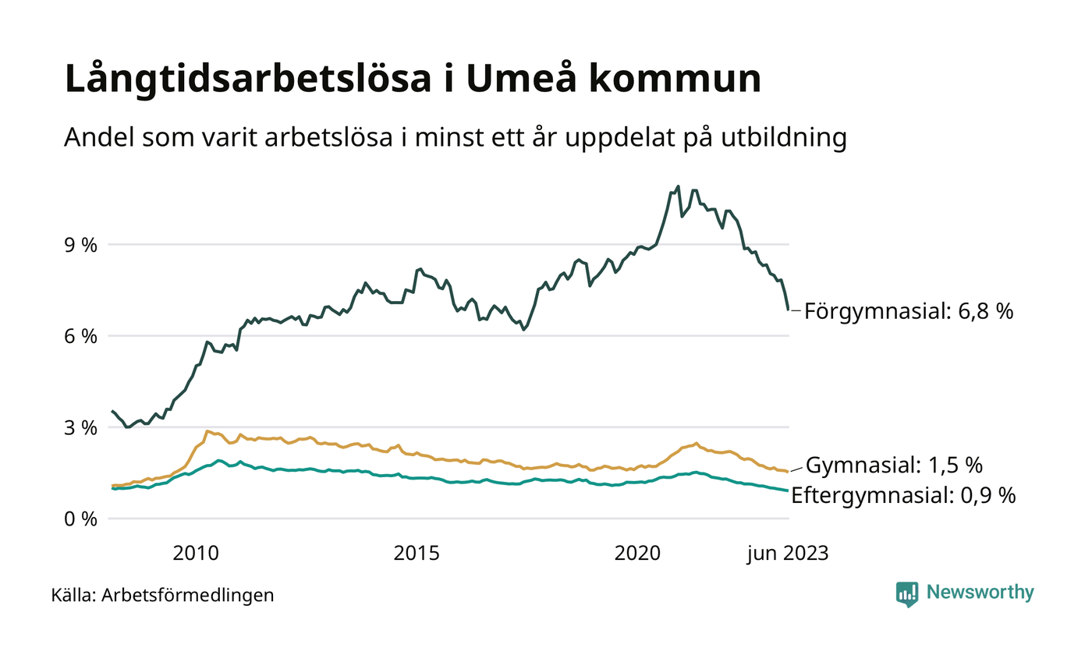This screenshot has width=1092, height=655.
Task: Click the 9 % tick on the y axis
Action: tap(80, 245)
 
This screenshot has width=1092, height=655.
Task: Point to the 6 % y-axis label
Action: tap(80, 336)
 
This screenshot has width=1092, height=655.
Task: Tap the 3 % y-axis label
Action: tap(80, 428)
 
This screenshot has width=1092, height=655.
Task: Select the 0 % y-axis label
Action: tap(80, 519)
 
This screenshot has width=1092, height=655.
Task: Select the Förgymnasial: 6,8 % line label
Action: tap(909, 311)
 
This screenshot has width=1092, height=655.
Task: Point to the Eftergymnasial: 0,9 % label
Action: tap(903, 496)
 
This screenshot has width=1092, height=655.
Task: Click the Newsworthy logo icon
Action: tap(907, 593)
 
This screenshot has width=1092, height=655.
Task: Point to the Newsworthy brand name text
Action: tap(980, 593)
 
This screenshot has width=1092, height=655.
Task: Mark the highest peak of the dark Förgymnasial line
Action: tap(678, 186)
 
